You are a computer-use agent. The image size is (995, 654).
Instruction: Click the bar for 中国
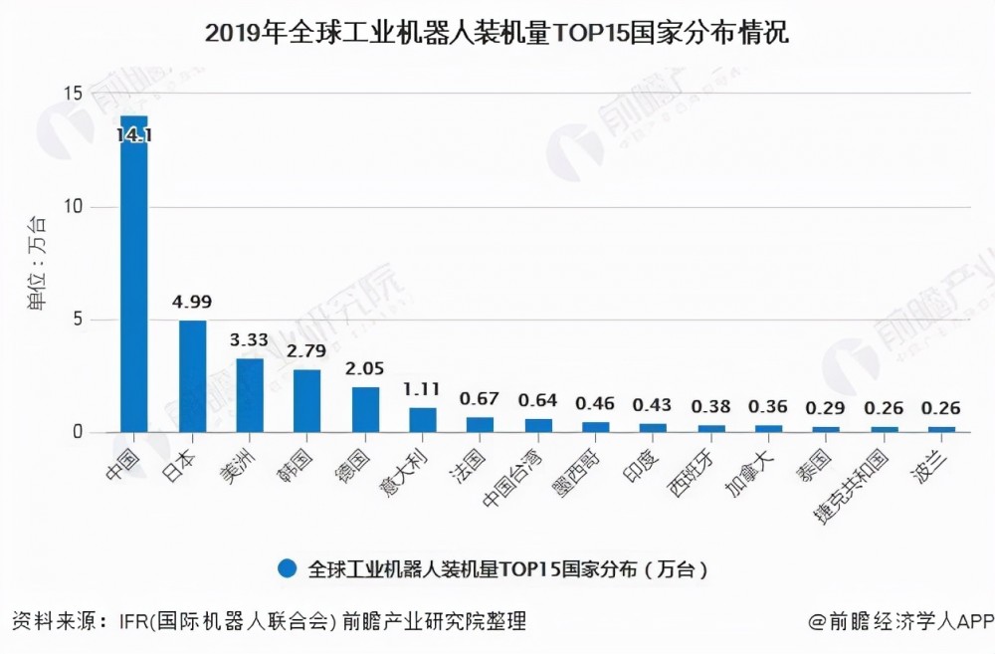[133, 274]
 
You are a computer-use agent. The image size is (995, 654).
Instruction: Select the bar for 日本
[192, 376]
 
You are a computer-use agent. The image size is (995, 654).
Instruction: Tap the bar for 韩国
[307, 401]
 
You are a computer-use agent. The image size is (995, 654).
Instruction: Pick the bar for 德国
[365, 409]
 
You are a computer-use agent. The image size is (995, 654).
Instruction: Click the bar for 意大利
[423, 420]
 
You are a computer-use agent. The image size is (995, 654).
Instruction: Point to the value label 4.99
[192, 302]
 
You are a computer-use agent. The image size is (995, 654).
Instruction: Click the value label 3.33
[250, 339]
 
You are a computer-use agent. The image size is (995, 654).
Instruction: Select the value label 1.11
[423, 389]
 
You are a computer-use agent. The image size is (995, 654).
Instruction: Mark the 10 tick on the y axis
[72, 207]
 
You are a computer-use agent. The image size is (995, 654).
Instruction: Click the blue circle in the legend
[289, 568]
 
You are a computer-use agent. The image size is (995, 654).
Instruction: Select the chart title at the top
[497, 34]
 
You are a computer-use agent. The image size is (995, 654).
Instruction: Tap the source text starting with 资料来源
[269, 622]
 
